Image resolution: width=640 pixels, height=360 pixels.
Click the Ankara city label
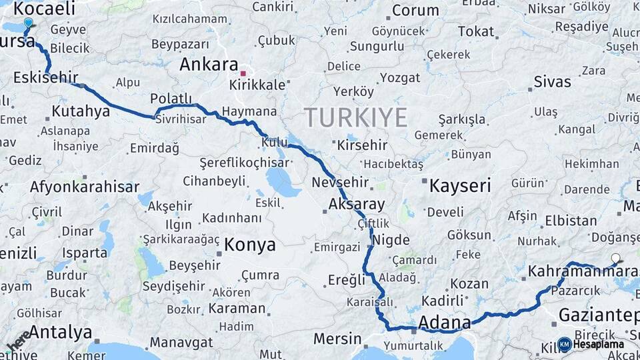(x=209, y=65)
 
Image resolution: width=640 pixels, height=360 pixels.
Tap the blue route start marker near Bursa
(x=28, y=23)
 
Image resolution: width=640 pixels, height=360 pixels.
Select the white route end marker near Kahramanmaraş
(x=615, y=258)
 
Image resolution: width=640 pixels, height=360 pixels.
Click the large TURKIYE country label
(x=355, y=118)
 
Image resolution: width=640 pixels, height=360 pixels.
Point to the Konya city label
(x=250, y=245)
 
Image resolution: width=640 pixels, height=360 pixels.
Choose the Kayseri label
(x=460, y=185)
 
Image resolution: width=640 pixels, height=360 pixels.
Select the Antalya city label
(x=60, y=331)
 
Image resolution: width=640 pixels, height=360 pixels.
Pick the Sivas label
(x=553, y=82)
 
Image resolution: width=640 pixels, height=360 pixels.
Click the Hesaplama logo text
(x=598, y=344)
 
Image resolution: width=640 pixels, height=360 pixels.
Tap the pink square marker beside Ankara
(x=244, y=73)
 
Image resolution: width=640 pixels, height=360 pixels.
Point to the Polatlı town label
(x=171, y=99)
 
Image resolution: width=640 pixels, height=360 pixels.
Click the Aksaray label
(x=357, y=204)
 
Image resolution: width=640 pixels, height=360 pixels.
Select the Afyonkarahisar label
(x=84, y=187)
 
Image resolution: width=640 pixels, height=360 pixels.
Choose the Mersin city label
(x=337, y=338)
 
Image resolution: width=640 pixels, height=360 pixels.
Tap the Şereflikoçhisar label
(x=245, y=163)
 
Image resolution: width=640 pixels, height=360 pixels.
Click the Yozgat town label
(x=400, y=77)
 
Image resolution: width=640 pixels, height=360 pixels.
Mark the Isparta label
(x=85, y=253)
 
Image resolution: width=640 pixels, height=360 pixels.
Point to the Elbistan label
(x=571, y=220)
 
